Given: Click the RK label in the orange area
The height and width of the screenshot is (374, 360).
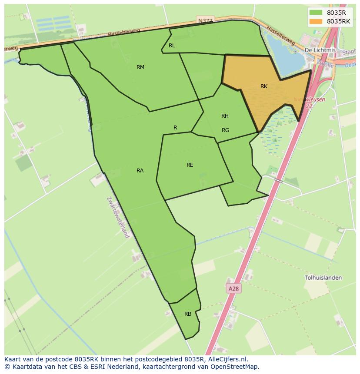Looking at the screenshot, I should [264, 86].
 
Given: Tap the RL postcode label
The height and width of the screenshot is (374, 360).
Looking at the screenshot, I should [172, 46].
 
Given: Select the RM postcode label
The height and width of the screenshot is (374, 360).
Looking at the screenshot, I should [140, 67].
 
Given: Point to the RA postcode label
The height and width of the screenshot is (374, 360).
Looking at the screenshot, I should [140, 171].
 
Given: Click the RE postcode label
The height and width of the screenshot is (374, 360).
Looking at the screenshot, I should [190, 165].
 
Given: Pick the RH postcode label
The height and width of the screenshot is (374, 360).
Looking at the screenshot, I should [225, 116].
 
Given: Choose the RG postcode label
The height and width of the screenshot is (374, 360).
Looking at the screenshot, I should [225, 130].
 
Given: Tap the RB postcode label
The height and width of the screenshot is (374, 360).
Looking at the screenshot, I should [188, 314].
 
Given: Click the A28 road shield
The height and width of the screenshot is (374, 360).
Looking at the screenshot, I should [233, 288].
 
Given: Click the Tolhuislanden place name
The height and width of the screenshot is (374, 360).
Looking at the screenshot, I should [323, 278].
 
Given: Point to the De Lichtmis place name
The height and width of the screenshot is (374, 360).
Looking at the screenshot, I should [320, 50].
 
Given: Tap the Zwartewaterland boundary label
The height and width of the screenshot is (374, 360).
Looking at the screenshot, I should [118, 217].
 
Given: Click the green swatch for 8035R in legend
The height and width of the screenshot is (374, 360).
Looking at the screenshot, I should [316, 13].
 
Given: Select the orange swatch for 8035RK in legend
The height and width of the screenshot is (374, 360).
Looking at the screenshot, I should [316, 21].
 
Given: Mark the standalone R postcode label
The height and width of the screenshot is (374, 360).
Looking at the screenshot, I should [175, 128].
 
